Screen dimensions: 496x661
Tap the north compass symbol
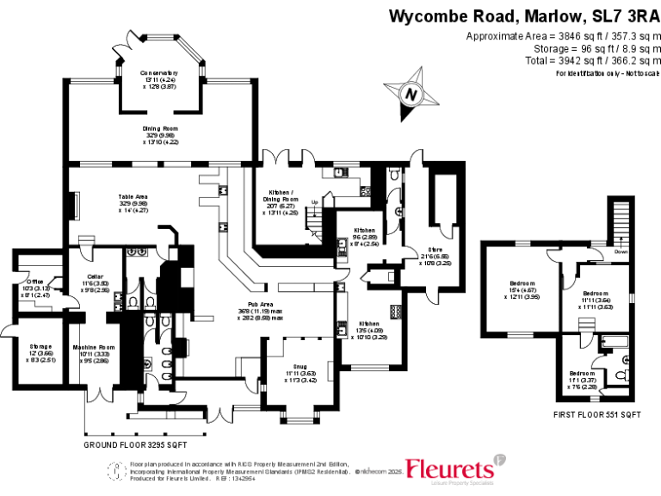click(x=411, y=95)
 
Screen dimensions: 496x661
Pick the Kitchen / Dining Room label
click(x=280, y=194)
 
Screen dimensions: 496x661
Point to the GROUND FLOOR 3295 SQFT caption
click(x=135, y=445)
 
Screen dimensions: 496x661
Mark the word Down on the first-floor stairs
click(x=621, y=252)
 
